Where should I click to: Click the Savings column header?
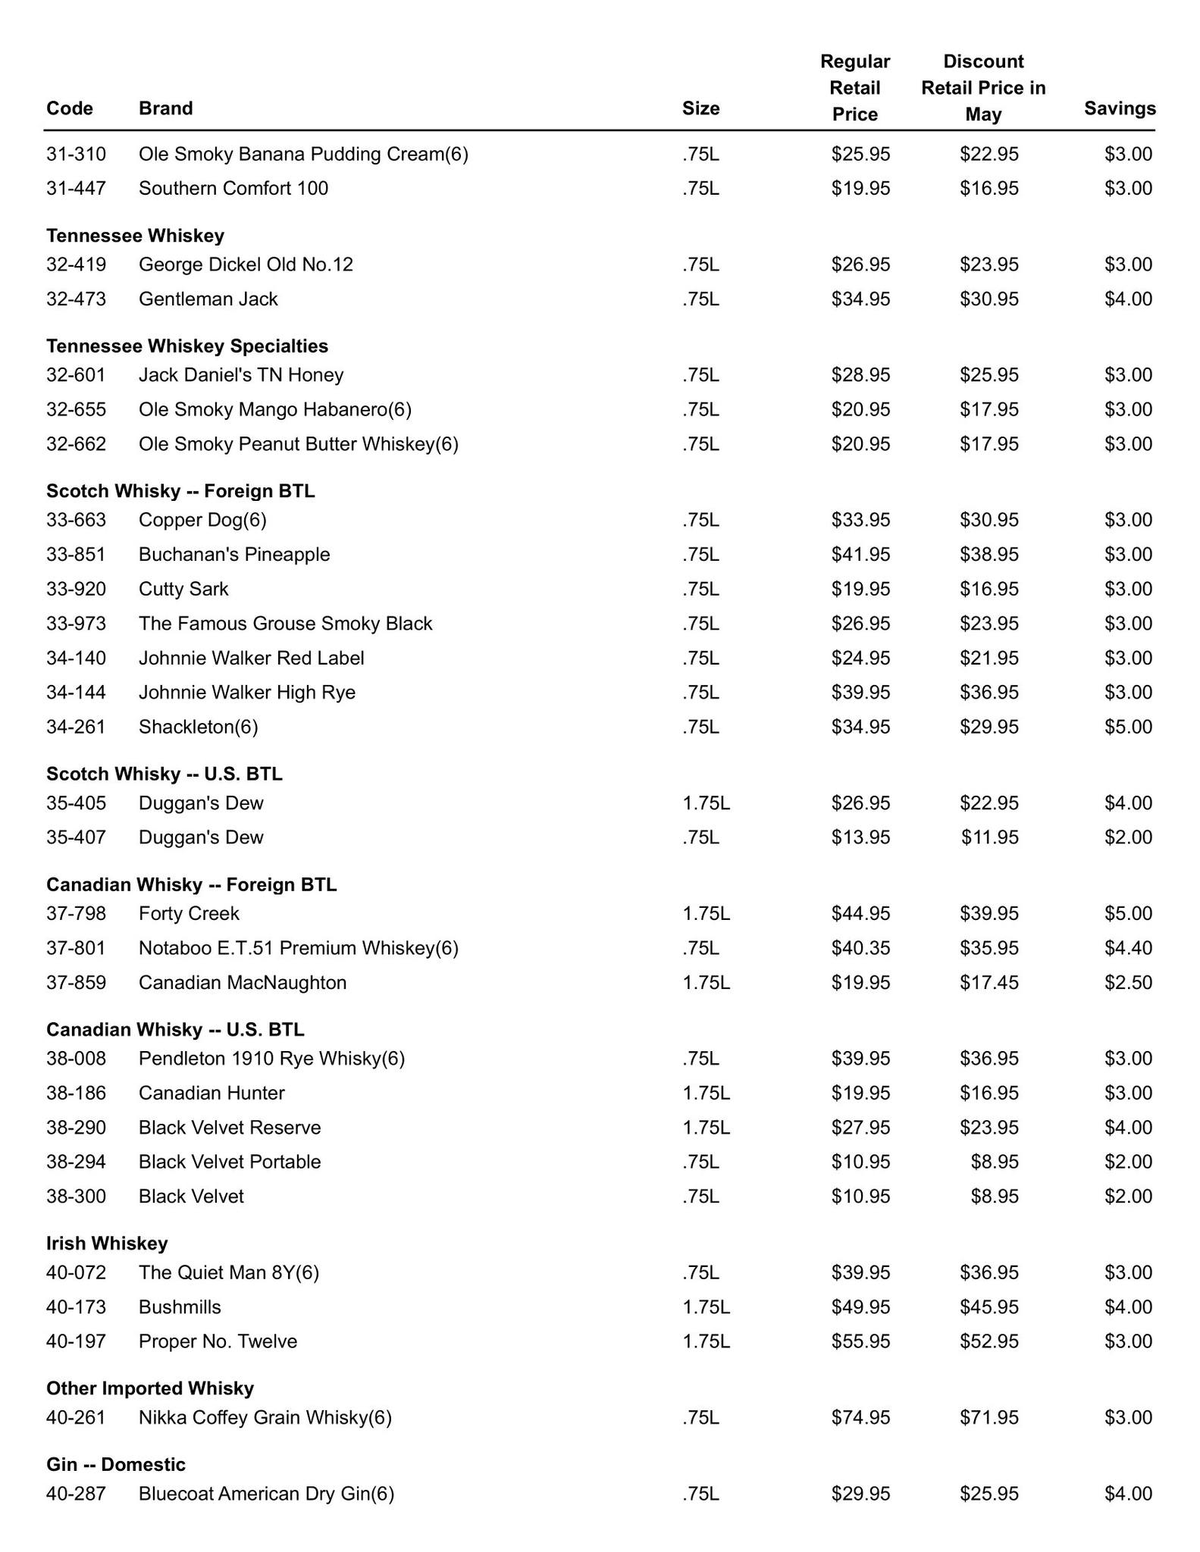click(x=1119, y=108)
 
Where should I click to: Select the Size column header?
click(x=700, y=108)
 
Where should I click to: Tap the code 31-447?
click(x=76, y=188)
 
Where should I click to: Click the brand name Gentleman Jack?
click(x=208, y=299)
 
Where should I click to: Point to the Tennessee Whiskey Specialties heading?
click(x=187, y=346)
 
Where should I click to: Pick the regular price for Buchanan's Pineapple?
click(x=860, y=554)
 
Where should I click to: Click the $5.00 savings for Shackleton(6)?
click(x=1128, y=727)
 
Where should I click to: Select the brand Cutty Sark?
click(x=183, y=589)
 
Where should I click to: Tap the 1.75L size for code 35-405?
click(x=706, y=803)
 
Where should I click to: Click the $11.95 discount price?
click(x=989, y=837)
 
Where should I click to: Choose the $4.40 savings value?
click(x=1128, y=948)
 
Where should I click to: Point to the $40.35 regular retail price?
click(x=860, y=948)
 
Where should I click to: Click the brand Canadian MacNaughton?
click(x=243, y=982)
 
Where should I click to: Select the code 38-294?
click(x=76, y=1162)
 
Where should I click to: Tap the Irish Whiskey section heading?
click(x=107, y=1243)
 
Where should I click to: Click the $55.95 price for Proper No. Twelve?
click(x=860, y=1341)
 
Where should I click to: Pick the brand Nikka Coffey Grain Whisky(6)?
click(x=265, y=1417)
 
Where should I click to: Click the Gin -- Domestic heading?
click(x=115, y=1464)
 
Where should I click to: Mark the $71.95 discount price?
click(x=989, y=1417)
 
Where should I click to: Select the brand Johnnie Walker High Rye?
click(x=246, y=692)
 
